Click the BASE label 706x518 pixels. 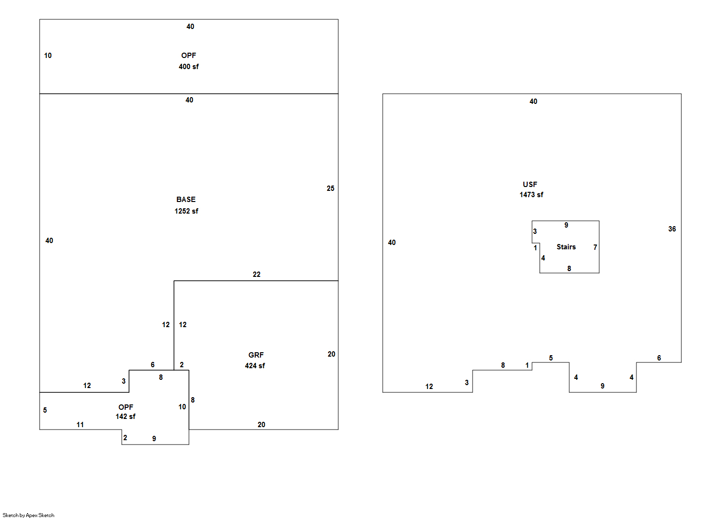(186, 200)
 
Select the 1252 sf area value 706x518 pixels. (187, 211)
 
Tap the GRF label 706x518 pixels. (256, 355)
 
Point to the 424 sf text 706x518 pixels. (255, 366)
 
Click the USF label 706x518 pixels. (530, 185)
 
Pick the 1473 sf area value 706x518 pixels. (532, 195)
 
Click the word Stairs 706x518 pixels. (566, 247)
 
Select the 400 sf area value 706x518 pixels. (189, 67)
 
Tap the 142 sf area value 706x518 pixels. (126, 417)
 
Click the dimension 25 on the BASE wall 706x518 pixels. (331, 188)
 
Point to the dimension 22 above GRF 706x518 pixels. (257, 274)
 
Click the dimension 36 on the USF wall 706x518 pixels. (672, 229)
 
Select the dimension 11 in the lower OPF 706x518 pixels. (80, 425)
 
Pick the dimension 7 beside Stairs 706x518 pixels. (595, 247)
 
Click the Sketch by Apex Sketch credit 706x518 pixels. (29, 515)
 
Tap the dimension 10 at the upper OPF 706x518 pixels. (48, 56)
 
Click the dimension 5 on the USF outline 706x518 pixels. (551, 358)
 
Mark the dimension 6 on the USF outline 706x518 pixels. (659, 358)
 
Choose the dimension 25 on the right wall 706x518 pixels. (331, 188)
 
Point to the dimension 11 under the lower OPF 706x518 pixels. (80, 425)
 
